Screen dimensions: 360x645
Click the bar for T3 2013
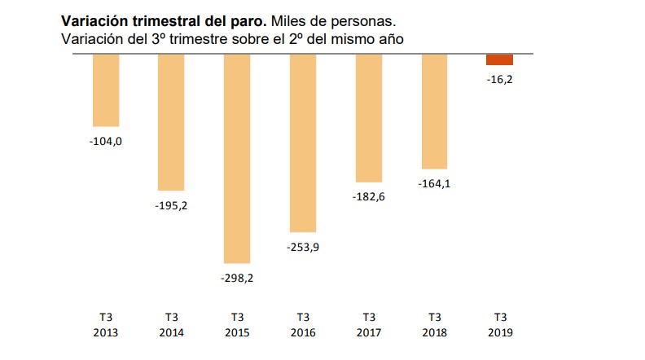point(106,90)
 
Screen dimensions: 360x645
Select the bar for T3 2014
point(171,122)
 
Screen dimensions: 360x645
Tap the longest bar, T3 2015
point(237,158)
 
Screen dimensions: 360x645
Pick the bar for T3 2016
point(303,143)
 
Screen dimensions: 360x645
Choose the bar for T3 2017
point(369,118)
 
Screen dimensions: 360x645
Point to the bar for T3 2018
point(434,111)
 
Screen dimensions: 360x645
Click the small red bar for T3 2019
point(499,59)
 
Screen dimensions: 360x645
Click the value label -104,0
point(106,141)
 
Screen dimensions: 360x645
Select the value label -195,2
point(171,205)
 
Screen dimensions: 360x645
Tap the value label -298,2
point(237,278)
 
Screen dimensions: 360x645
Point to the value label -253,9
point(303,247)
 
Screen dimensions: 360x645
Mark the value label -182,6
point(369,196)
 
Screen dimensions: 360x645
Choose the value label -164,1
point(434,183)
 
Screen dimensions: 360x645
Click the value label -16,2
point(499,81)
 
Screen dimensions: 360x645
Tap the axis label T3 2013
point(106,324)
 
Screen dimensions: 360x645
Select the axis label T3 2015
point(237,324)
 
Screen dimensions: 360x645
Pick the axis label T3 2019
point(499,324)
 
